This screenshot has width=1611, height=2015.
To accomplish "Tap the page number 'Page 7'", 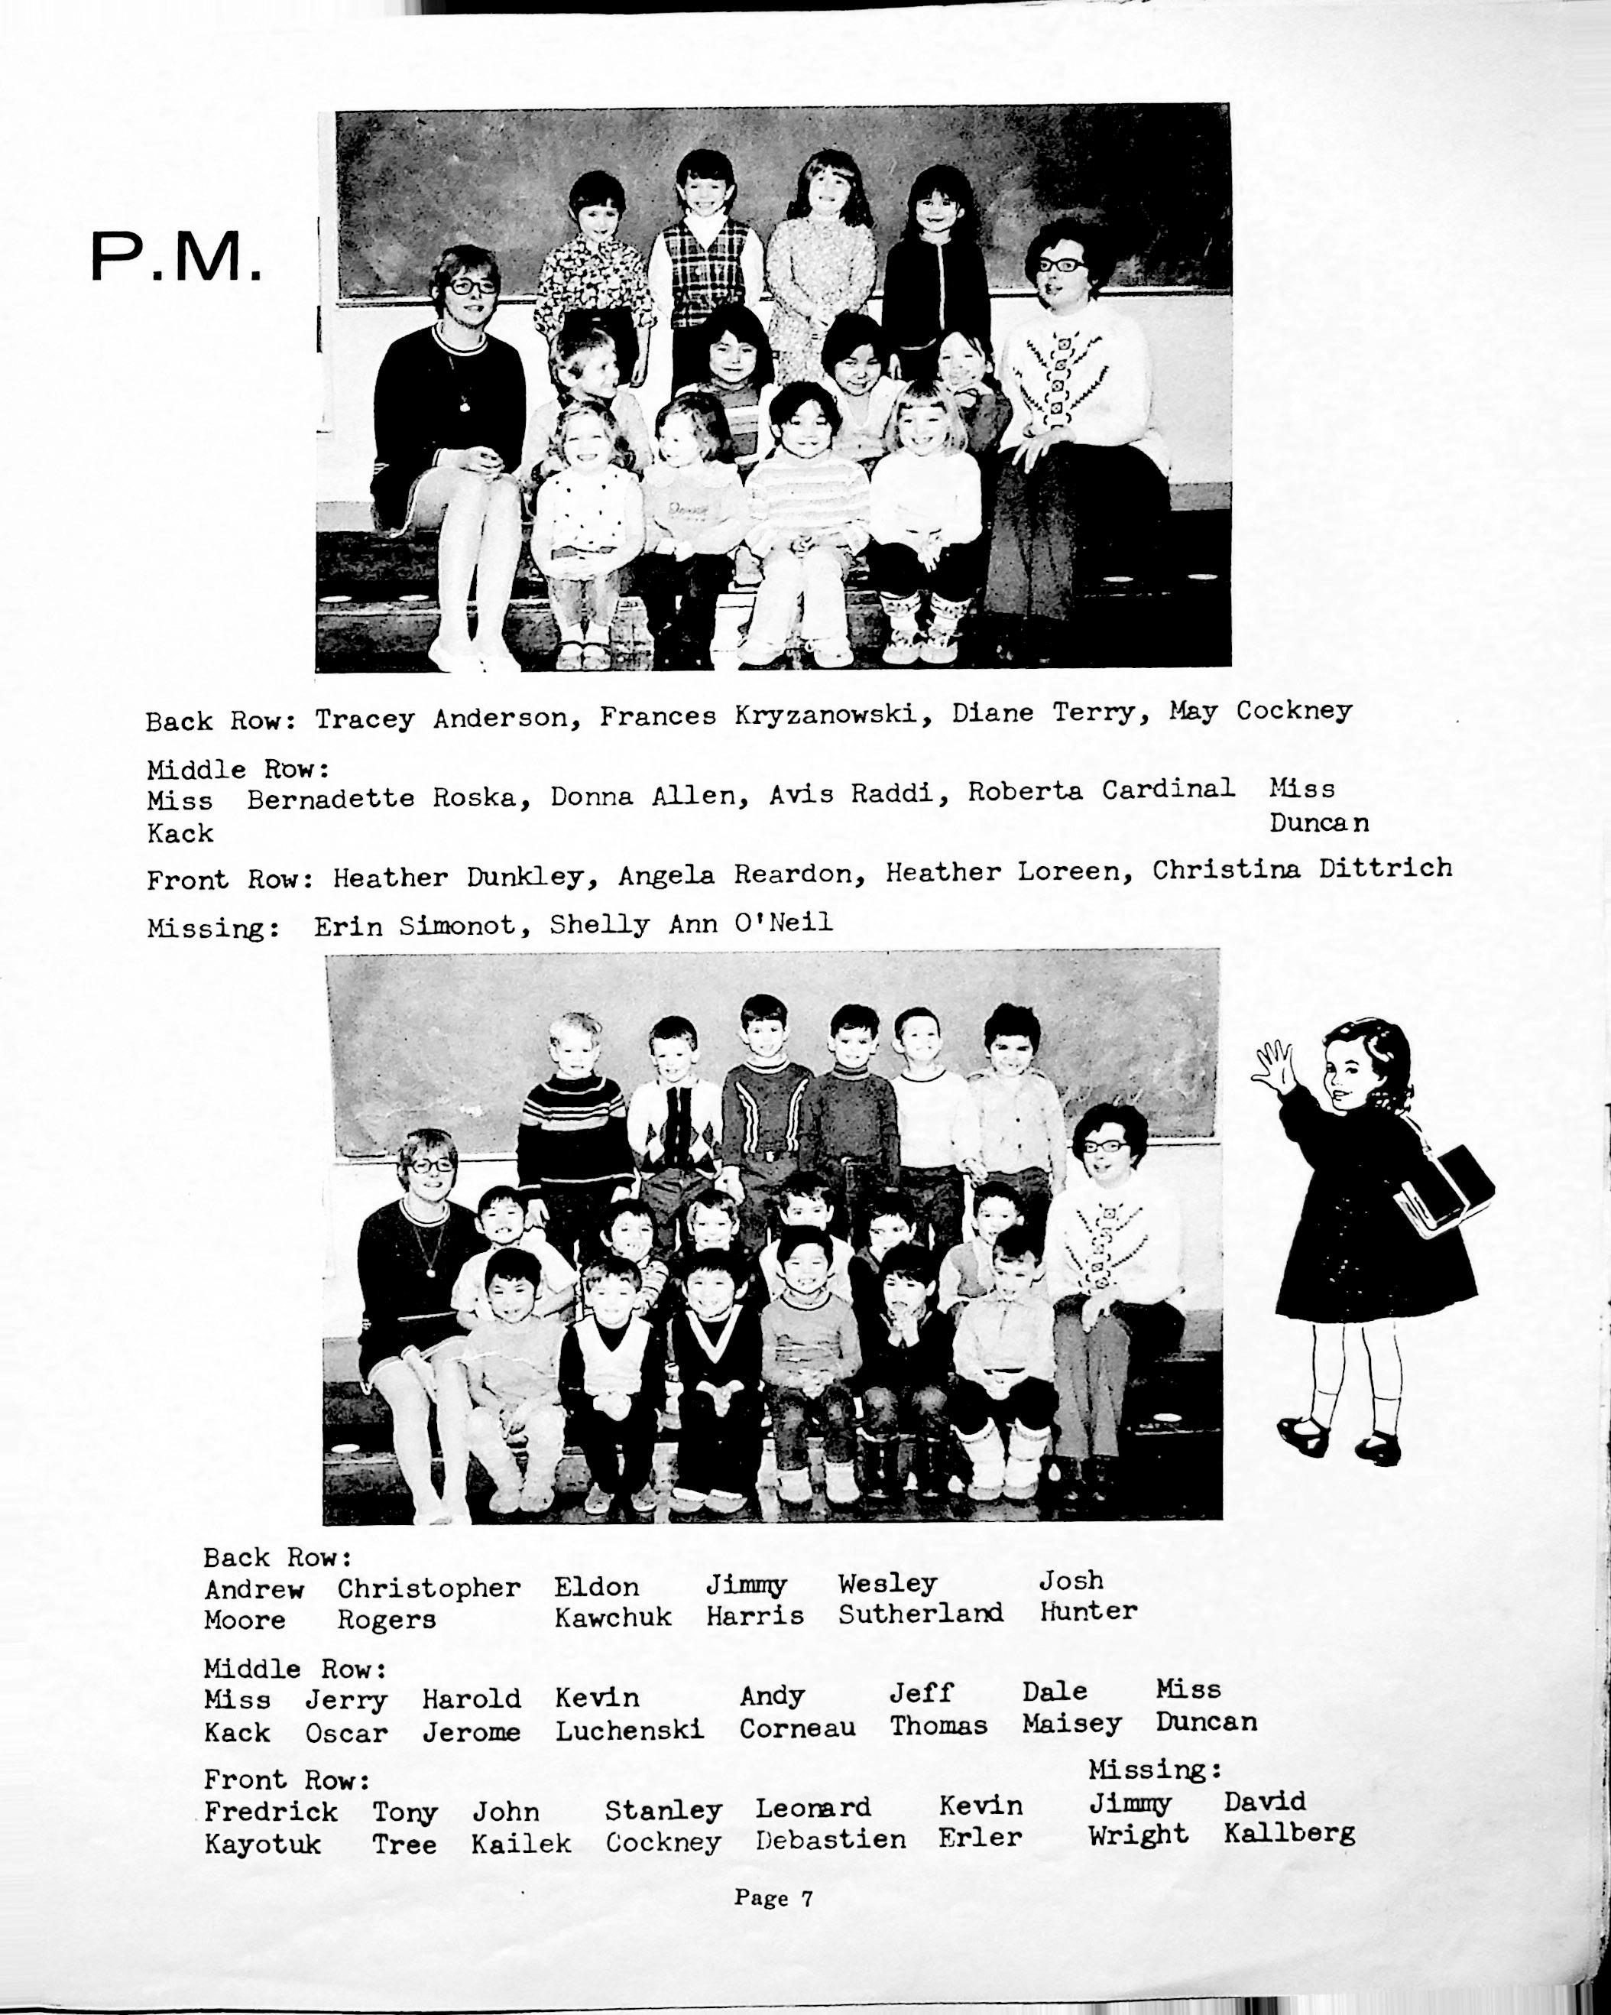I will pos(773,1898).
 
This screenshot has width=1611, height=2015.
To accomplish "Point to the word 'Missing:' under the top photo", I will pos(213,928).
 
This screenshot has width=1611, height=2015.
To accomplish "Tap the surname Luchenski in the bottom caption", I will pos(629,1730).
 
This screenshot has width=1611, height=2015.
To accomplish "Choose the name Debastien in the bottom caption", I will pos(830,1839).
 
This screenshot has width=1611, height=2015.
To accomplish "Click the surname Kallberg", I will pos(1288,1834).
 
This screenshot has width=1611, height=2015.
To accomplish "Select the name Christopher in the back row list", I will pos(428,1588).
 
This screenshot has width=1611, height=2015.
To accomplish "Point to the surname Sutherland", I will pos(920,1613).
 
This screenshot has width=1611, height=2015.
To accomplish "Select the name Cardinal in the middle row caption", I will pos(1167,790).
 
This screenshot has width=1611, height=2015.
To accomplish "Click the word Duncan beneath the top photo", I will pos(1318,823).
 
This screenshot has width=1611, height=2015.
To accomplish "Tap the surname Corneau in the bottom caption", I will pos(797,1728).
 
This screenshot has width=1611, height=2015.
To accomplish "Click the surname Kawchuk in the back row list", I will pos(612,1618).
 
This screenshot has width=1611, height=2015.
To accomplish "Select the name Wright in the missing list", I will pos(1137,1835).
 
